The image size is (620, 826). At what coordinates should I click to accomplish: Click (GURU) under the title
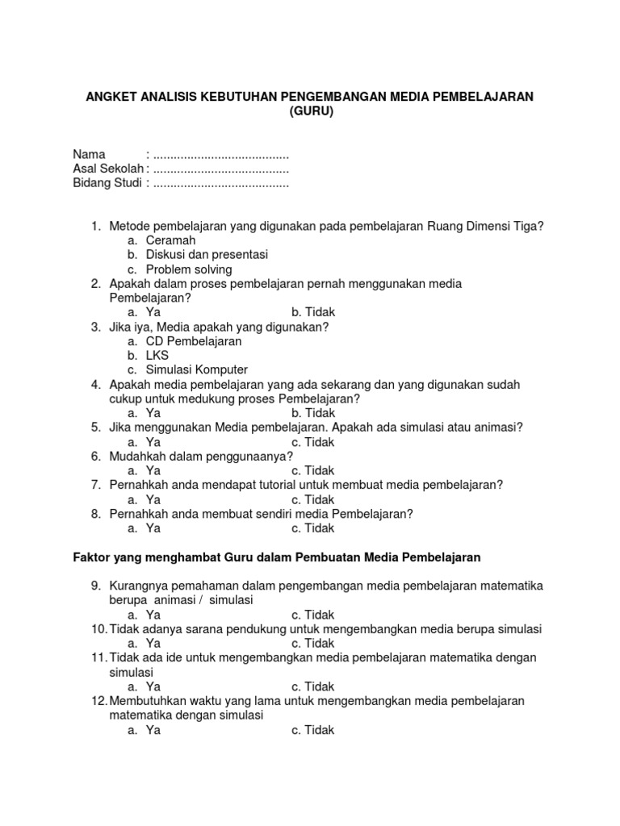(311, 112)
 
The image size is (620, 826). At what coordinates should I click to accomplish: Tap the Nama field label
(90, 155)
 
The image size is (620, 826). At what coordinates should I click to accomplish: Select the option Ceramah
(170, 240)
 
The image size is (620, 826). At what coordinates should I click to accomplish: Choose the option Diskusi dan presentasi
(207, 255)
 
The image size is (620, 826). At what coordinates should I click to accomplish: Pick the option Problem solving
(188, 269)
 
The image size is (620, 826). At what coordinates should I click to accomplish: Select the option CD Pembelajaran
(194, 341)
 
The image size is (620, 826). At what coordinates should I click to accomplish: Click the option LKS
(157, 356)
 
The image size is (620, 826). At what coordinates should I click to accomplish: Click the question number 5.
(95, 428)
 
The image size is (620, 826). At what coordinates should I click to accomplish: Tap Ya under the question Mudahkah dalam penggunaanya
(153, 471)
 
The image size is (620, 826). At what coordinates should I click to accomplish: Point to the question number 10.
(98, 629)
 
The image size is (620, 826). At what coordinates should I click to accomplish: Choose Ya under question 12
(153, 730)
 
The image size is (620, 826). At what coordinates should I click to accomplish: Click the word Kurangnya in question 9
(136, 586)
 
